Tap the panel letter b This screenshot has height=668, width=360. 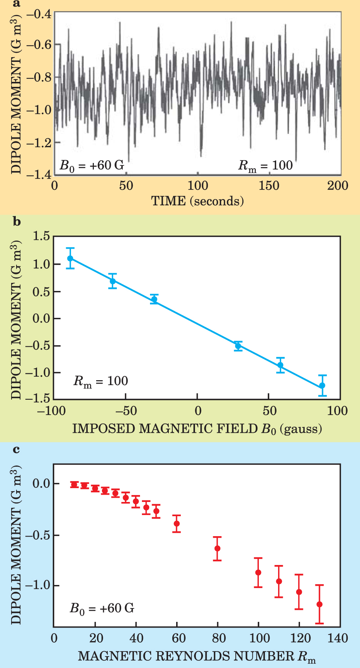pos(17,222)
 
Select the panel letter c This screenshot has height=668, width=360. pos(16,449)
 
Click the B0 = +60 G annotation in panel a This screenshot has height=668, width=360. pos(92,166)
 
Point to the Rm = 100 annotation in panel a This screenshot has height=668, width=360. pos(265,166)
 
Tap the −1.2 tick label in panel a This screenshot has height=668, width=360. pos(38,143)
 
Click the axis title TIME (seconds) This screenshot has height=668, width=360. pos(197,201)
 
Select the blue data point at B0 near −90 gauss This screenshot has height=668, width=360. pos(70,258)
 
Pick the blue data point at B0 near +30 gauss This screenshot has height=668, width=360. pos(238,346)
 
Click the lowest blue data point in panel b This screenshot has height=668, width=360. pos(322,386)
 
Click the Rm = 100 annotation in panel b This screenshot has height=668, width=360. pos(101,381)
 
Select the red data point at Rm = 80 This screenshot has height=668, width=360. pos(217,548)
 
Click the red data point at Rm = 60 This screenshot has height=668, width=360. pos(177,523)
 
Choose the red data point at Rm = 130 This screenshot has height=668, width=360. pos(319,604)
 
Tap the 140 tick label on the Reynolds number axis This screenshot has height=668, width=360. pos(338,638)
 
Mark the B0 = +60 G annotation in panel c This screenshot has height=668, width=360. pos(102,609)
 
